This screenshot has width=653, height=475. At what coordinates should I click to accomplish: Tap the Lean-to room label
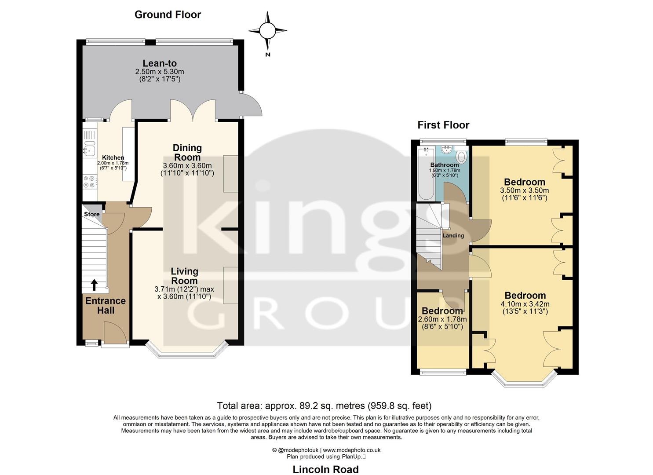160,64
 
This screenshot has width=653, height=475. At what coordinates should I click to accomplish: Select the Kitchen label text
113,157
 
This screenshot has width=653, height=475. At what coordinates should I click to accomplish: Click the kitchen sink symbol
90,150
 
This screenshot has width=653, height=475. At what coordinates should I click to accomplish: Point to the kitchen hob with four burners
90,182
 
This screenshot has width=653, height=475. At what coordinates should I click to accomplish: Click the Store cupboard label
92,214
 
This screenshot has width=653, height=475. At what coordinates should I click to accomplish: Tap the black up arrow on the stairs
94,285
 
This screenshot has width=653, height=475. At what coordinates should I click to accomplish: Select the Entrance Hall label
106,306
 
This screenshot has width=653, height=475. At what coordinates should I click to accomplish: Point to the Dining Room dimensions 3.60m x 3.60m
187,166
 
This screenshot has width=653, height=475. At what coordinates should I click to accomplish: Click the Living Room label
185,276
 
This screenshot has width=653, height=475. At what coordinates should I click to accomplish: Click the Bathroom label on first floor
445,165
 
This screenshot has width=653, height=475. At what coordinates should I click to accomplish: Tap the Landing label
453,236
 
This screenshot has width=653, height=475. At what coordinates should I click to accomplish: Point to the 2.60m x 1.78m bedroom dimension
442,319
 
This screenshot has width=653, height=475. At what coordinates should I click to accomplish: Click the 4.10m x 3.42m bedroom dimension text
525,304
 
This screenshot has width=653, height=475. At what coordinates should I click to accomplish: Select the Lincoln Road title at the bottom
326,469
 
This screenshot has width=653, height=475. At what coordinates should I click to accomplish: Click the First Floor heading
443,125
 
